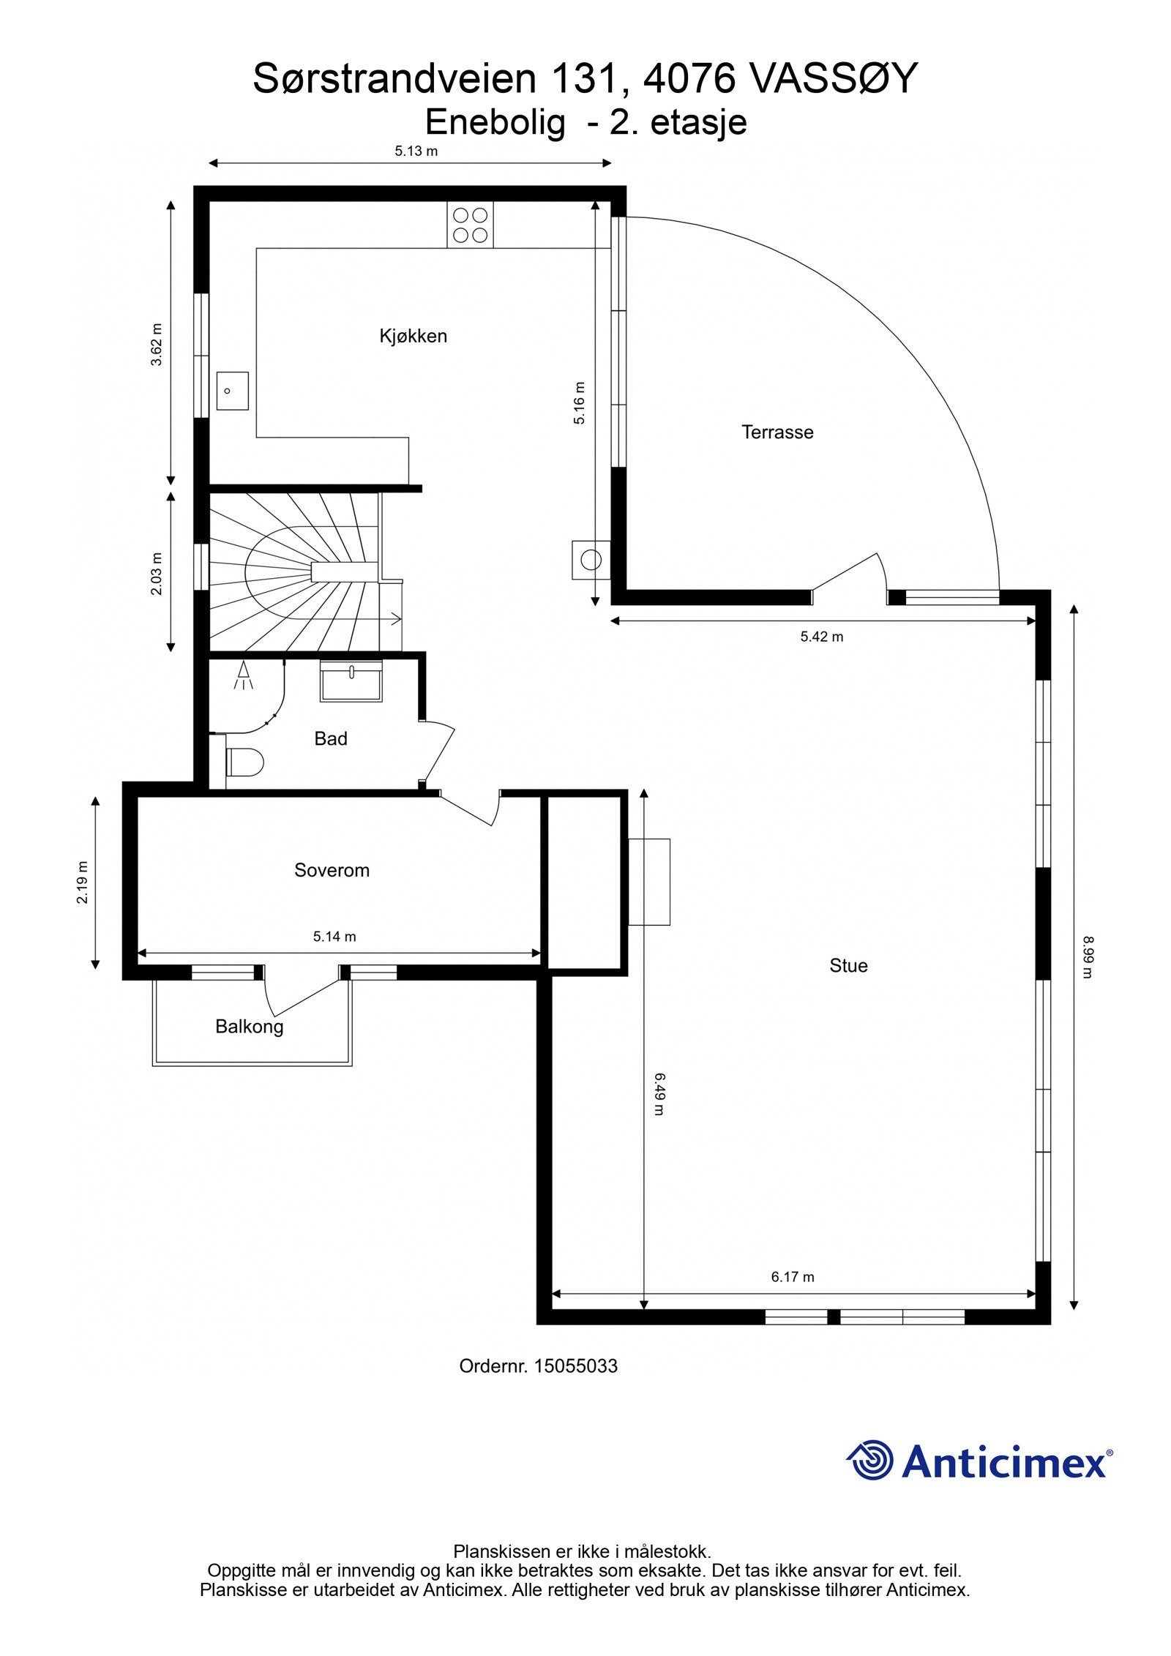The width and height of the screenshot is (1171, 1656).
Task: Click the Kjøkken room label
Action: click(x=413, y=336)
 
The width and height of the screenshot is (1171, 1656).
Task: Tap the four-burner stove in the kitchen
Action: click(x=470, y=225)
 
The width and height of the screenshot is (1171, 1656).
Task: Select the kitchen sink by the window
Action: click(x=232, y=391)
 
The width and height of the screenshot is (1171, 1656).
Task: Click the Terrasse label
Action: click(x=777, y=432)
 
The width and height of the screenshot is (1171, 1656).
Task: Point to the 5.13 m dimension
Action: click(x=416, y=151)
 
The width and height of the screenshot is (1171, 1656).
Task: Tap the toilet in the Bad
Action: click(x=244, y=763)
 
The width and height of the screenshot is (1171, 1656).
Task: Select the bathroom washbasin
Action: click(x=351, y=681)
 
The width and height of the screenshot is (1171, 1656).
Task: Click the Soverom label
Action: click(x=332, y=870)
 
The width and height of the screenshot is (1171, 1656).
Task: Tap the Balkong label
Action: click(x=249, y=1026)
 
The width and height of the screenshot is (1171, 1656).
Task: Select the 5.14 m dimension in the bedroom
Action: click(x=334, y=936)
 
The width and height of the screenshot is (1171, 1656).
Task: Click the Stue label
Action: click(x=848, y=965)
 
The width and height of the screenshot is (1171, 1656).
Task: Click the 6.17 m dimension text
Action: click(x=792, y=1276)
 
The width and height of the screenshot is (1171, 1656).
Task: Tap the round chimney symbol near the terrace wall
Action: click(x=591, y=561)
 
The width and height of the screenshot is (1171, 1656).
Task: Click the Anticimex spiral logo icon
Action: click(x=869, y=1459)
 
